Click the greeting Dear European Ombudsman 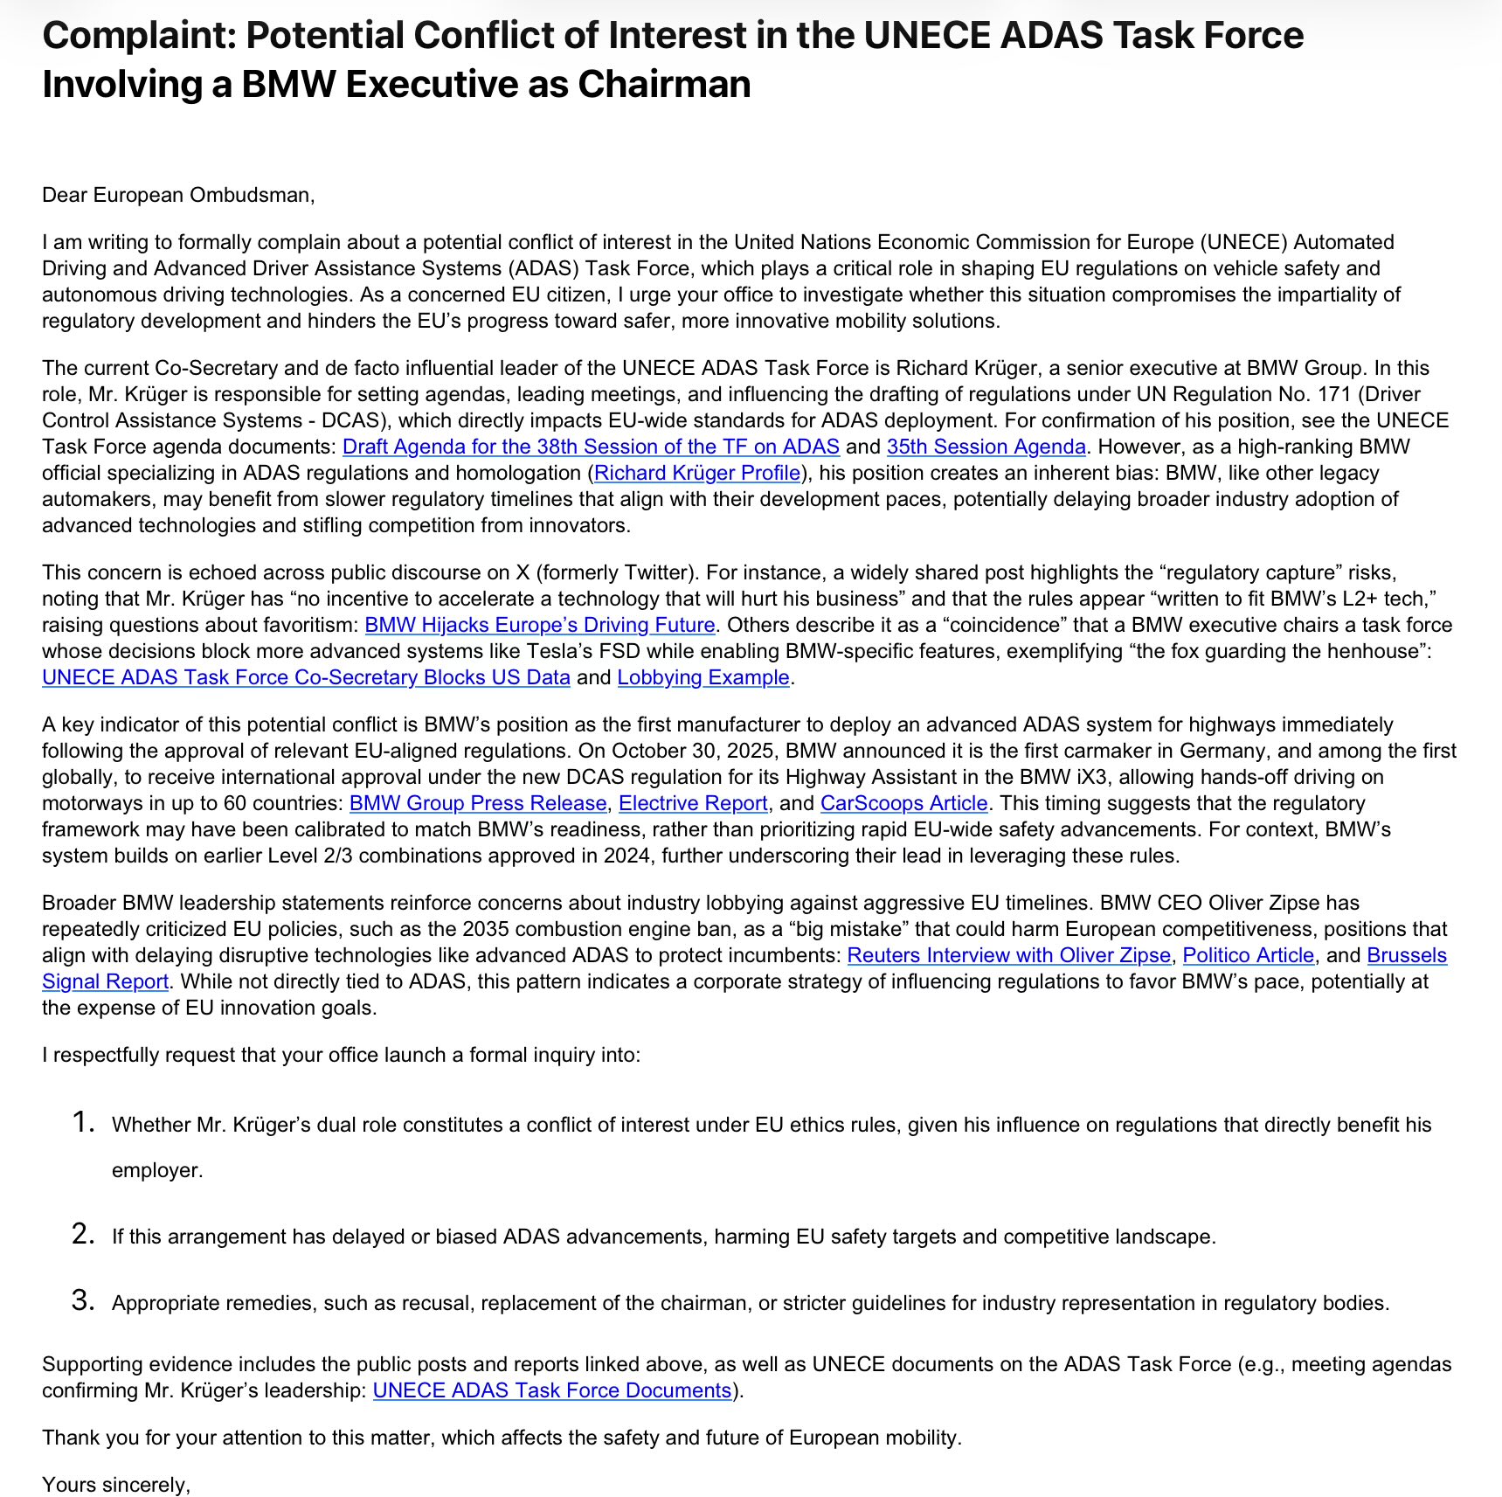point(177,195)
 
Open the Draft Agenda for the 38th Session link point(591,447)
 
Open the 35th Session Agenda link point(986,447)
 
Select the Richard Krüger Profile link point(697,474)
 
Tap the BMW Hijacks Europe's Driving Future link point(539,626)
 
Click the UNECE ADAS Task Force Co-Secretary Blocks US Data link point(306,678)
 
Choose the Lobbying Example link point(703,678)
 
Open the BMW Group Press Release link point(478,804)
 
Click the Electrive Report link point(693,804)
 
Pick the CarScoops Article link point(903,804)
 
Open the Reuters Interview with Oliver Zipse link point(1008,956)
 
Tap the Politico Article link point(1248,956)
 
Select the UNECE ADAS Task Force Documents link point(551,1391)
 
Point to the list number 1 point(83,1123)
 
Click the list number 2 point(83,1235)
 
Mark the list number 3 point(83,1301)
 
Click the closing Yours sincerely point(116,1486)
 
